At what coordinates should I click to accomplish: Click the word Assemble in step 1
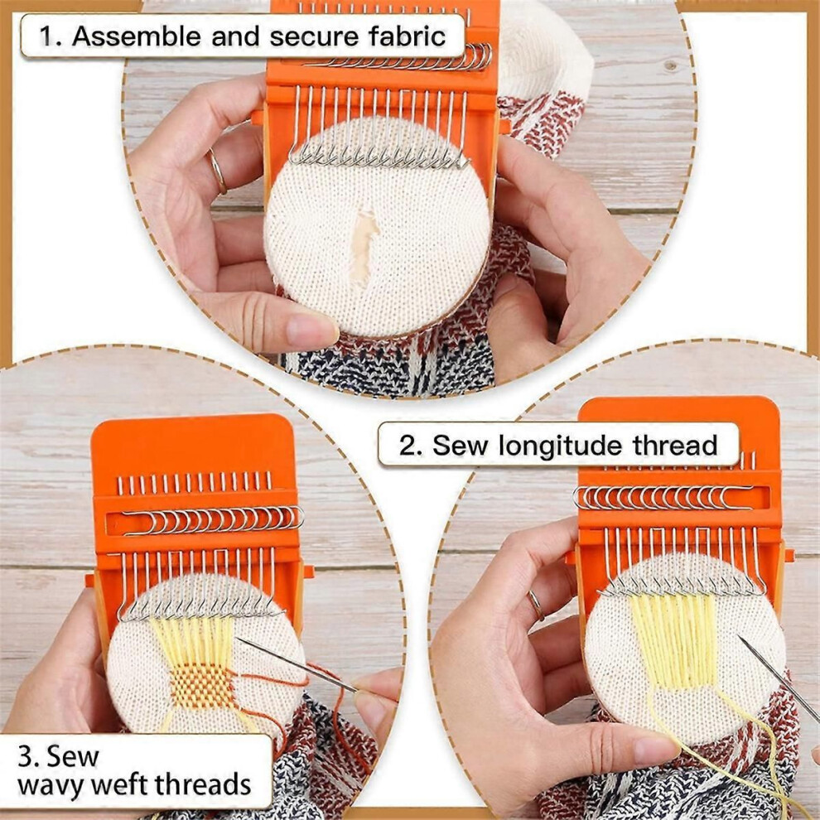137,36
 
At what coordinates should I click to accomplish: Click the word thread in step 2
675,445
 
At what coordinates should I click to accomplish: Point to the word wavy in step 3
49,785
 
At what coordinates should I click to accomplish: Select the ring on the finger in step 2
535,605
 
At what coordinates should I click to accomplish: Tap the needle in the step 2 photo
778,678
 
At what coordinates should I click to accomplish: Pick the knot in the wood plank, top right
670,65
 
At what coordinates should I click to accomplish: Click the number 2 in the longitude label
407,446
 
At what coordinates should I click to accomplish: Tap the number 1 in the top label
46,36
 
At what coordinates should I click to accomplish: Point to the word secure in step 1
312,37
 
